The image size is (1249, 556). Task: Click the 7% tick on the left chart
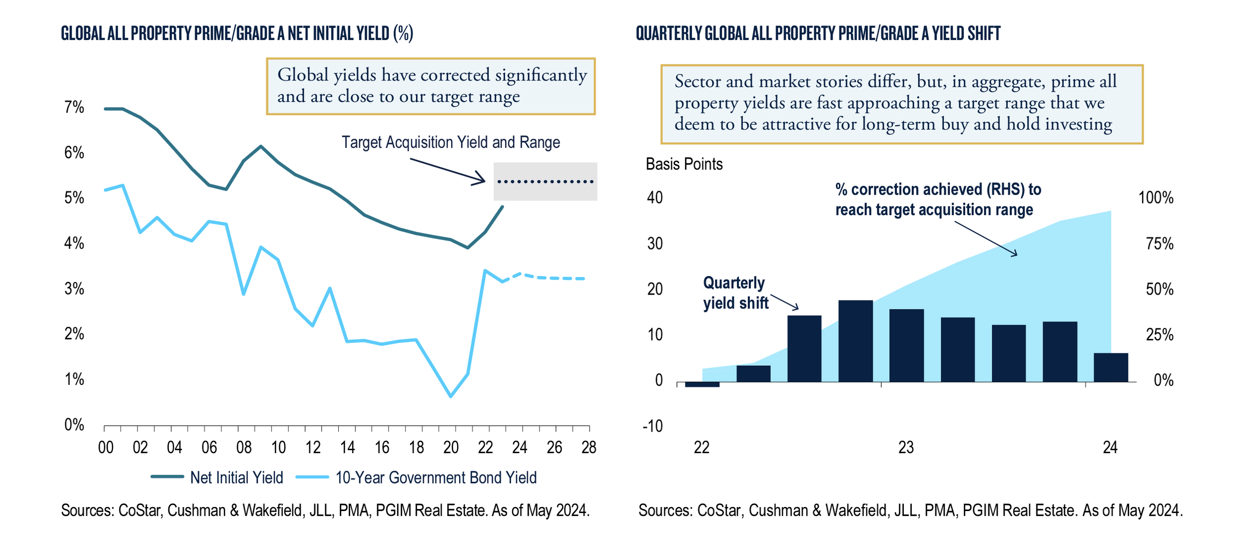click(74, 107)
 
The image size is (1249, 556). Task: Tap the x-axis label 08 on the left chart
click(244, 447)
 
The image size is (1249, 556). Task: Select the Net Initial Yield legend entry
click(236, 478)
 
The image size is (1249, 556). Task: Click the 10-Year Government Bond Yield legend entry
click(436, 478)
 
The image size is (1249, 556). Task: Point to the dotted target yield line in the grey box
click(545, 182)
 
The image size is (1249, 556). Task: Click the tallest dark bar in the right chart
click(855, 341)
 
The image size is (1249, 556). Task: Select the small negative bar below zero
click(702, 384)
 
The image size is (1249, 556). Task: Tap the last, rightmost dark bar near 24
click(1111, 367)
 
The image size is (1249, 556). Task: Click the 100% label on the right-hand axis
click(1156, 198)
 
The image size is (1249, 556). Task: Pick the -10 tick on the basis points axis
click(652, 426)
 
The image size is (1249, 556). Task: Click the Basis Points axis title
click(684, 164)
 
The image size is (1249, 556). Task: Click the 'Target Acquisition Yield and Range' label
click(451, 143)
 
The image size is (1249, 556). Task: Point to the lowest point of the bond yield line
click(451, 396)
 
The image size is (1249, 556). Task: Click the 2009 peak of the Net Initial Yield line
click(261, 146)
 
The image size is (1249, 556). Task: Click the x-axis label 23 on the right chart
click(906, 447)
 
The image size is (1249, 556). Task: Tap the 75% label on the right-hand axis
click(1159, 244)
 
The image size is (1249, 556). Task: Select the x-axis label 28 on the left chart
click(589, 447)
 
